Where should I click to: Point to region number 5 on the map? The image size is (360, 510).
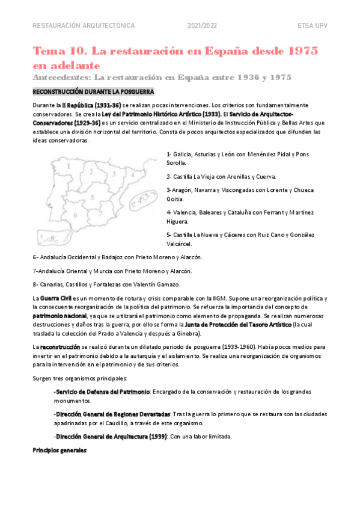pyautogui.click(x=92, y=196)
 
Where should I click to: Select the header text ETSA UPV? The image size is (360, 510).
pyautogui.click(x=313, y=26)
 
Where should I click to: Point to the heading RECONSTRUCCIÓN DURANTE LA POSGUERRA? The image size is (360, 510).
pyautogui.click(x=93, y=92)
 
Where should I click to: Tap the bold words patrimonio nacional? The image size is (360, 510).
pyautogui.click(x=59, y=315)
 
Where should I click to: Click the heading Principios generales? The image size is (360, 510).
pyautogui.click(x=59, y=449)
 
